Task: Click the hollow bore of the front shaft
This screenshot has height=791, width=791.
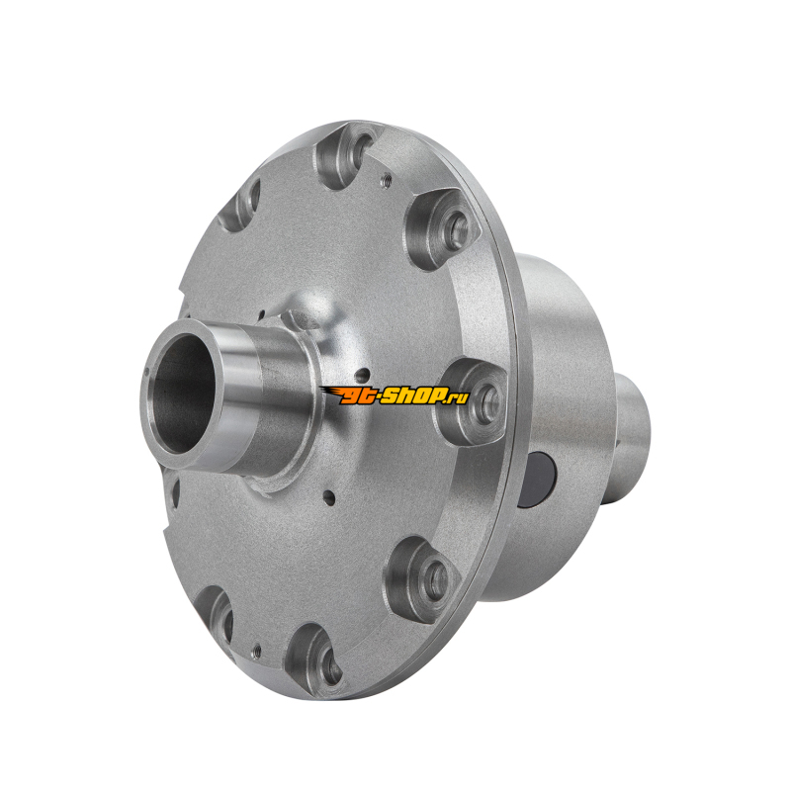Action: [x=183, y=394]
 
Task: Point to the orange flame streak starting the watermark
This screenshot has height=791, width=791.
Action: [x=330, y=393]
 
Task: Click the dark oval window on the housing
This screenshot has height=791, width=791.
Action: [x=538, y=478]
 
